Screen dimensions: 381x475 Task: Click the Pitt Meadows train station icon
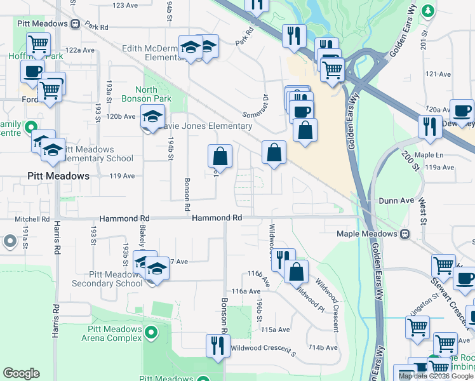click(x=76, y=23)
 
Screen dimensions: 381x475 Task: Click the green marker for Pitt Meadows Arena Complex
click(x=151, y=332)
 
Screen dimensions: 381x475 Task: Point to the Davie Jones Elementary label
click(x=208, y=126)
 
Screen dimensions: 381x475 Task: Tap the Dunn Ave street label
click(x=396, y=200)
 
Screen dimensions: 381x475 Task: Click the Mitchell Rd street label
click(x=32, y=219)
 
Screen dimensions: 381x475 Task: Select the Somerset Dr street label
click(x=257, y=106)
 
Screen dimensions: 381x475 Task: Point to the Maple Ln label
click(x=430, y=155)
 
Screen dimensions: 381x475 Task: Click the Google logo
click(x=21, y=373)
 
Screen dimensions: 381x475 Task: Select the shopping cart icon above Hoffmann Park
click(x=39, y=45)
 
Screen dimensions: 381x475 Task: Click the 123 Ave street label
click(x=124, y=5)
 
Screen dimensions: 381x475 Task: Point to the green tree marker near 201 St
click(x=429, y=11)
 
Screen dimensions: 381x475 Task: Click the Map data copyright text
click(x=436, y=376)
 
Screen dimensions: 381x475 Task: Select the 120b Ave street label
click(x=121, y=116)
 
